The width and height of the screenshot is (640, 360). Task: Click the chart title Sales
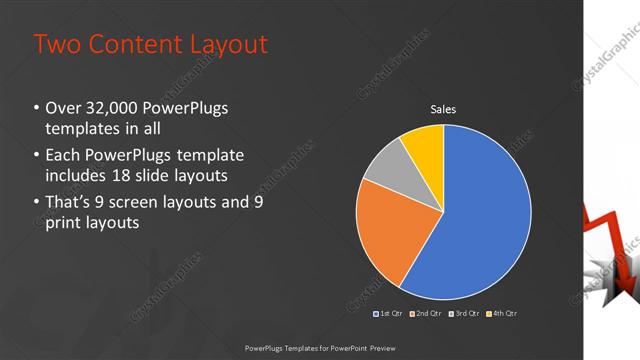point(443,109)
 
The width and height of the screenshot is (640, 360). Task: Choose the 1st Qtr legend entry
point(389,314)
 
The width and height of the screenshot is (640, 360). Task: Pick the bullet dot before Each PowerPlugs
point(36,156)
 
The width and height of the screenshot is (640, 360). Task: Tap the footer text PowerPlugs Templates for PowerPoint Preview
point(319,347)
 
